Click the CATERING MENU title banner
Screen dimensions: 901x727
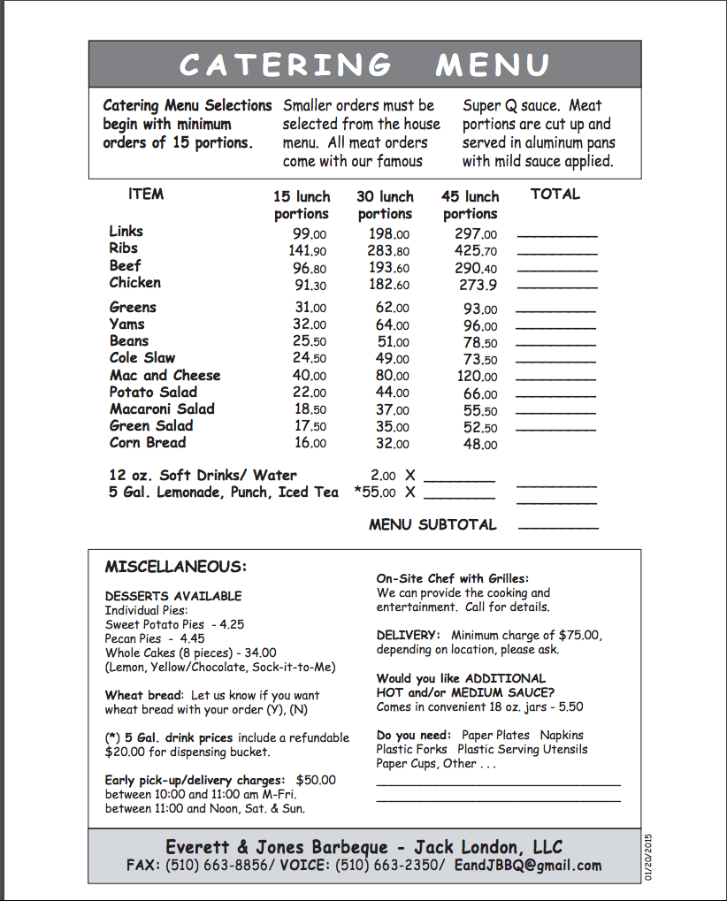[363, 64]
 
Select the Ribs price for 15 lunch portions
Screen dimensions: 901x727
[308, 251]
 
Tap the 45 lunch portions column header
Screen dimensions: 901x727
[470, 205]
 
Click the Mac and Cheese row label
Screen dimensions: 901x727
[165, 375]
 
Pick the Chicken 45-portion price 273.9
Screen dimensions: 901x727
[478, 286]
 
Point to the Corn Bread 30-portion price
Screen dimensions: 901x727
[392, 444]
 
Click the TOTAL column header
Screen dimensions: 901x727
[555, 195]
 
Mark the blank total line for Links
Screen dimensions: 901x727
[556, 236]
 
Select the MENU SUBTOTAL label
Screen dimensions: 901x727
[432, 524]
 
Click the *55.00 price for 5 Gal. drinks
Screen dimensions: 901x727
[375, 492]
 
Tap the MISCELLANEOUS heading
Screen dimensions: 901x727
[175, 567]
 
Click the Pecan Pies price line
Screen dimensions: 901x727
[155, 638]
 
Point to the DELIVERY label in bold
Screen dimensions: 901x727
[408, 635]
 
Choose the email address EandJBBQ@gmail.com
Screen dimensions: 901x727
[527, 866]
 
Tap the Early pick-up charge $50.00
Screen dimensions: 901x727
[316, 780]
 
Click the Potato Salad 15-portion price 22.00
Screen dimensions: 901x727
[310, 393]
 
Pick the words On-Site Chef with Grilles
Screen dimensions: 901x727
[452, 578]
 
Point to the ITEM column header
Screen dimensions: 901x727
[146, 195]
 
